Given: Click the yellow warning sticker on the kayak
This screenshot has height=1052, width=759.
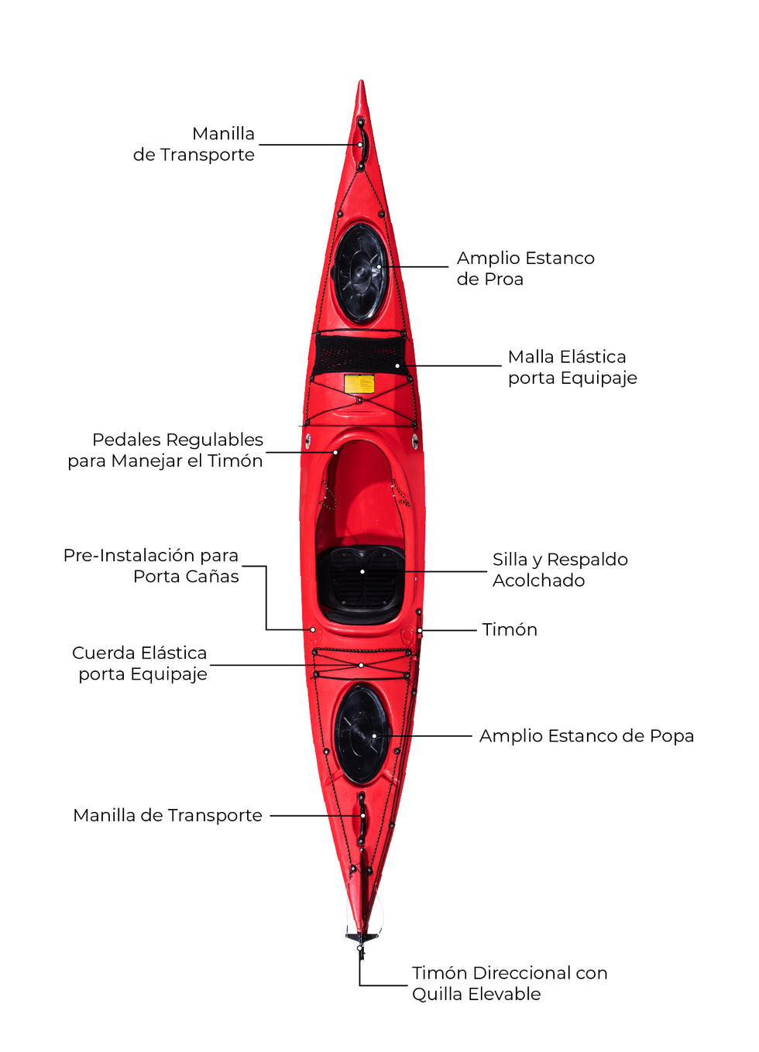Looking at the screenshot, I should (359, 384).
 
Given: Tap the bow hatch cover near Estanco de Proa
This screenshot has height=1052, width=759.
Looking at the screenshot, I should (360, 273).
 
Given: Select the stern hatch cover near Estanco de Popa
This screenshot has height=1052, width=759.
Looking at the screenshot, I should (361, 735).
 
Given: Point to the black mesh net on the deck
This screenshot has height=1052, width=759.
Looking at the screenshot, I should (360, 355).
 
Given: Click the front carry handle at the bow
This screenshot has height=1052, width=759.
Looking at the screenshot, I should (361, 144).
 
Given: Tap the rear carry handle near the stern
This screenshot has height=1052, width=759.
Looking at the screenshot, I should (362, 817).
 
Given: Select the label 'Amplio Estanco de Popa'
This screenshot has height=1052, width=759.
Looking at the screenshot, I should (586, 735).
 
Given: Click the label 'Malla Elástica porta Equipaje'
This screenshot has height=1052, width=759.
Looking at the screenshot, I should (572, 367).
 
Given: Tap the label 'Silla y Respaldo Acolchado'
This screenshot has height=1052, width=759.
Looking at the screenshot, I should (560, 570).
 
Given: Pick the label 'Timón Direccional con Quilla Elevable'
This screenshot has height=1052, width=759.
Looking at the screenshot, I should (509, 983).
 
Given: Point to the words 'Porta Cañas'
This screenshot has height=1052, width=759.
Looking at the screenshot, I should (186, 577).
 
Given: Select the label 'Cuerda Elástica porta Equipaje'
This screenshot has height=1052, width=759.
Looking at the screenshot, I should (140, 663).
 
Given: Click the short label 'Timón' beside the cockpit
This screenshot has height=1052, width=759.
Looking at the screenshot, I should (510, 629).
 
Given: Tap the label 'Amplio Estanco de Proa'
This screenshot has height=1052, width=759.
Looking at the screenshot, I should (525, 268).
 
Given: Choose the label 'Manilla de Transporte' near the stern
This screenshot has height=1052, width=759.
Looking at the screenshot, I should (167, 815).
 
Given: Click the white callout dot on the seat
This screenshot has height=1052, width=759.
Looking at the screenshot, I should (362, 571).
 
